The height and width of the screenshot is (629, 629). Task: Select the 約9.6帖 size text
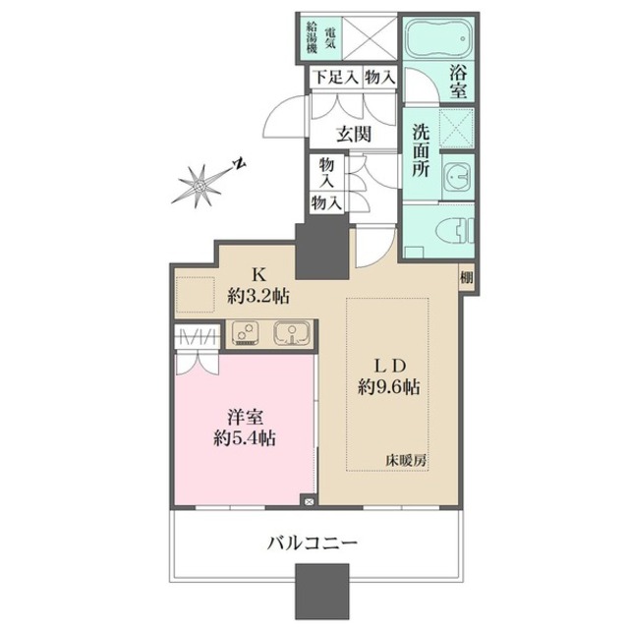point(389,387)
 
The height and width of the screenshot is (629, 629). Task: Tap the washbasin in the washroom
point(455,177)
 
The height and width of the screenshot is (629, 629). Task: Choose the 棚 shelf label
point(465,278)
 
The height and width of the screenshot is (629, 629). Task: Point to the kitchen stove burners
point(244,335)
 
